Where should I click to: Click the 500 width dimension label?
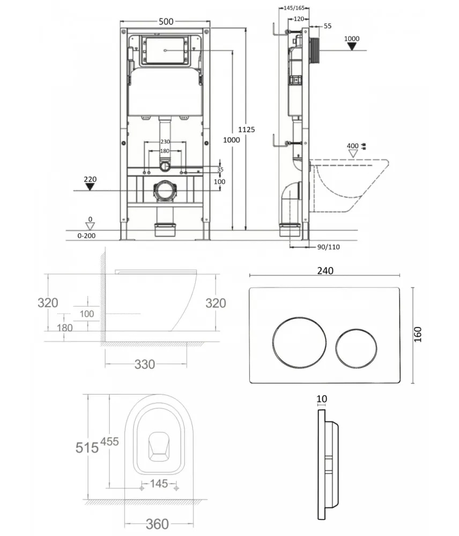tap(166, 21)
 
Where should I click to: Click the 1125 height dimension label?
tap(247, 130)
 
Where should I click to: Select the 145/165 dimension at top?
tap(294, 8)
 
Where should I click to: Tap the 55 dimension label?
tap(328, 26)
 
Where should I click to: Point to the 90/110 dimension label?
tap(329, 247)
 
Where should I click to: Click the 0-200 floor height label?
tap(86, 235)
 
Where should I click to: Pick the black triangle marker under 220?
tap(90, 187)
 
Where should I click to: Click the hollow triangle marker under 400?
tap(353, 153)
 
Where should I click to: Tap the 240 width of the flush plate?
tap(325, 271)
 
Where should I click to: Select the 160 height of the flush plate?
tap(418, 334)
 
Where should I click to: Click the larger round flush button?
tap(299, 343)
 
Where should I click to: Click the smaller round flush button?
tap(356, 349)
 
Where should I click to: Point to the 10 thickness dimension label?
tap(322, 399)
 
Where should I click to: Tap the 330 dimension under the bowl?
tap(145, 364)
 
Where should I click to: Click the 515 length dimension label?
tap(87, 448)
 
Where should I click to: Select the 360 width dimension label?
tap(157, 524)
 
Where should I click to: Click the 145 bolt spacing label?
tap(159, 483)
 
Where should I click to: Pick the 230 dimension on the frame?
tap(165, 142)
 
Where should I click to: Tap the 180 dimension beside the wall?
tap(65, 328)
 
